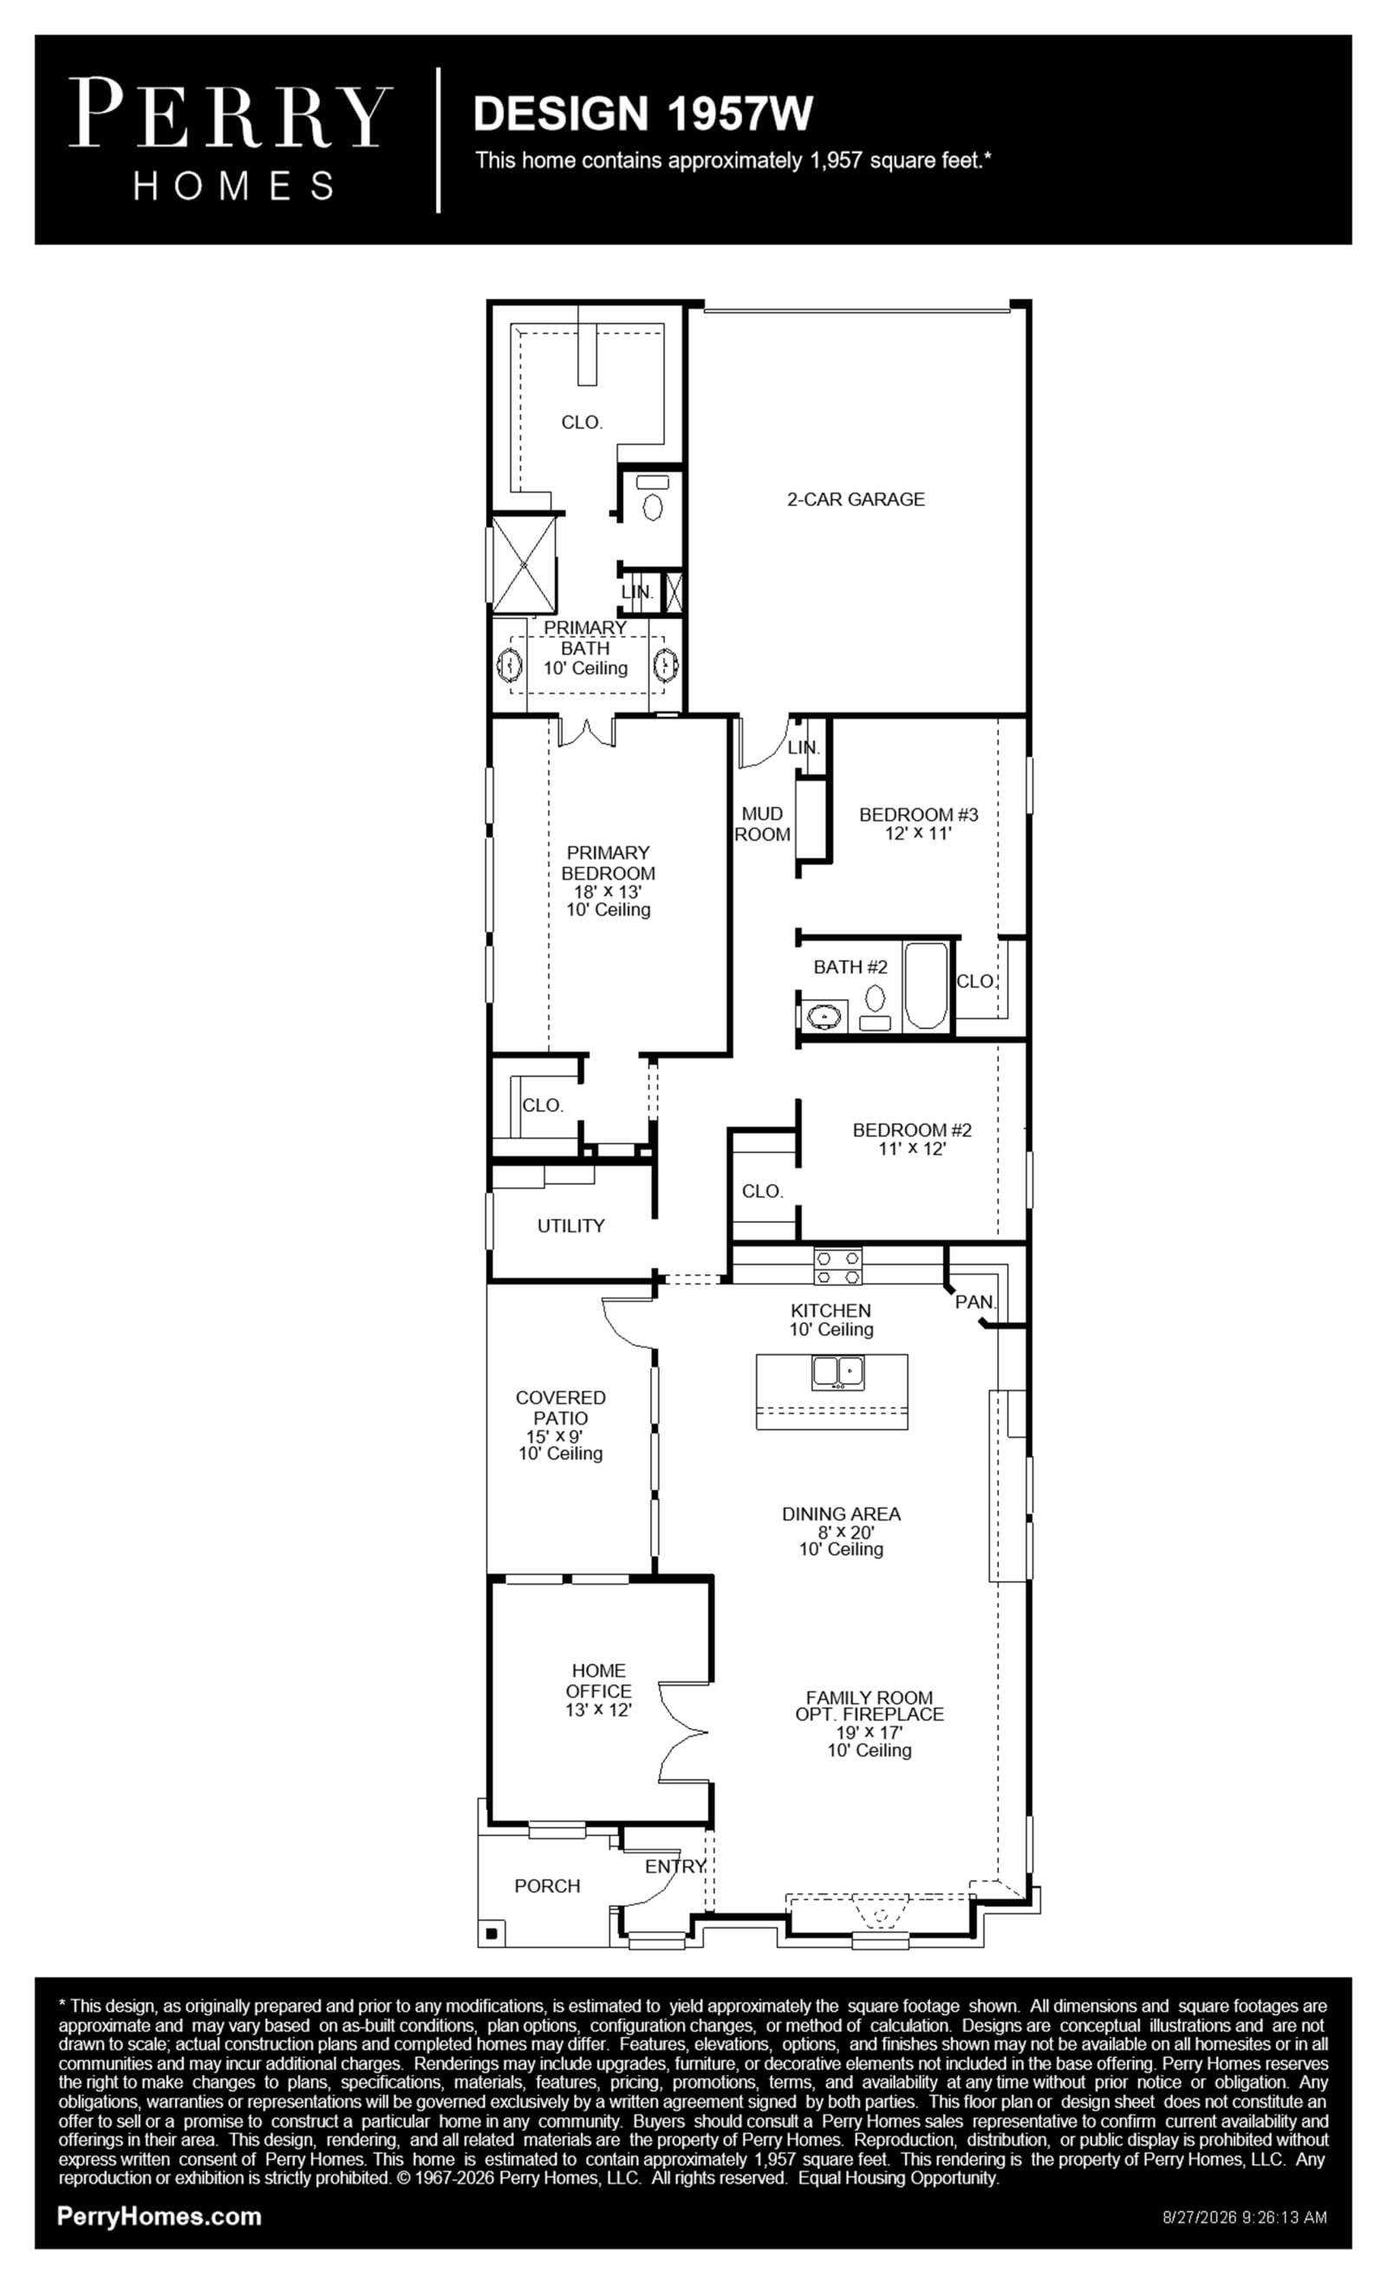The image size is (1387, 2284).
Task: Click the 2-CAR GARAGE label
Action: click(856, 498)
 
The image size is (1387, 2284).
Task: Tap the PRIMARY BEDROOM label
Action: click(609, 863)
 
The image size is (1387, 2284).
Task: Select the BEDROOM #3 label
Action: click(919, 815)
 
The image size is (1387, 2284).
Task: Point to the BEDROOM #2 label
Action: click(912, 1130)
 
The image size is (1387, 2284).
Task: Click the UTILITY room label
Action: click(571, 1226)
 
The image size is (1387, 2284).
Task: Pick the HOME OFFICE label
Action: click(599, 1681)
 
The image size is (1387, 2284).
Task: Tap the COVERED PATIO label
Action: click(561, 1407)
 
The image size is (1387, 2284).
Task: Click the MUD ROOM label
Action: click(762, 823)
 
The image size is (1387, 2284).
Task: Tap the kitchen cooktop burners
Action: click(838, 1267)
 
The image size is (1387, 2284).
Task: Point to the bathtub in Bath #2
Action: click(926, 986)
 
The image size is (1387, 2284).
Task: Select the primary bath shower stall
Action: click(524, 563)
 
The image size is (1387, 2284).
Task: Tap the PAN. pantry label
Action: click(975, 1301)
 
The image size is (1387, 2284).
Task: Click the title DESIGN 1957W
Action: click(642, 113)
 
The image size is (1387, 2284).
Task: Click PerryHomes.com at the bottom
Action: click(160, 2216)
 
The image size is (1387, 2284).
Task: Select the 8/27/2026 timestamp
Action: click(1245, 2217)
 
